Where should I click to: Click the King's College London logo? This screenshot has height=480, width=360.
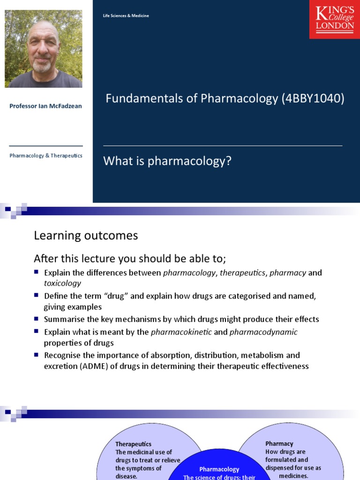click(334, 19)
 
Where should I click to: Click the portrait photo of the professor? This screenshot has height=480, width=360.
click(44, 49)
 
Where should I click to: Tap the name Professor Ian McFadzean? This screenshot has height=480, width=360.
click(45, 106)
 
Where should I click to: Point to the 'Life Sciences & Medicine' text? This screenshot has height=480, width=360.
click(126, 16)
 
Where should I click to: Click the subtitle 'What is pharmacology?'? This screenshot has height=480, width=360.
click(167, 161)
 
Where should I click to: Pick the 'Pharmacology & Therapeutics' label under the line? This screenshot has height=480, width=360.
click(46, 156)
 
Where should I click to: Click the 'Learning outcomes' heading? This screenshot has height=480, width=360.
click(86, 235)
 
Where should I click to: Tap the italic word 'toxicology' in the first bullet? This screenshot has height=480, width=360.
click(62, 283)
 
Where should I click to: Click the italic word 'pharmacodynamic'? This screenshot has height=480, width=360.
click(263, 332)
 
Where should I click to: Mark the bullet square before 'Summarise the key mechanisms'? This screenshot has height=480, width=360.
click(37, 319)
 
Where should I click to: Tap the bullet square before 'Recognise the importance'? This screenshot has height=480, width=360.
click(37, 355)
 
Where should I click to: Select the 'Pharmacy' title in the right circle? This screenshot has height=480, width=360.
click(279, 443)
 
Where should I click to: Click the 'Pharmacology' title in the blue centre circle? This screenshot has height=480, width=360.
click(219, 469)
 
